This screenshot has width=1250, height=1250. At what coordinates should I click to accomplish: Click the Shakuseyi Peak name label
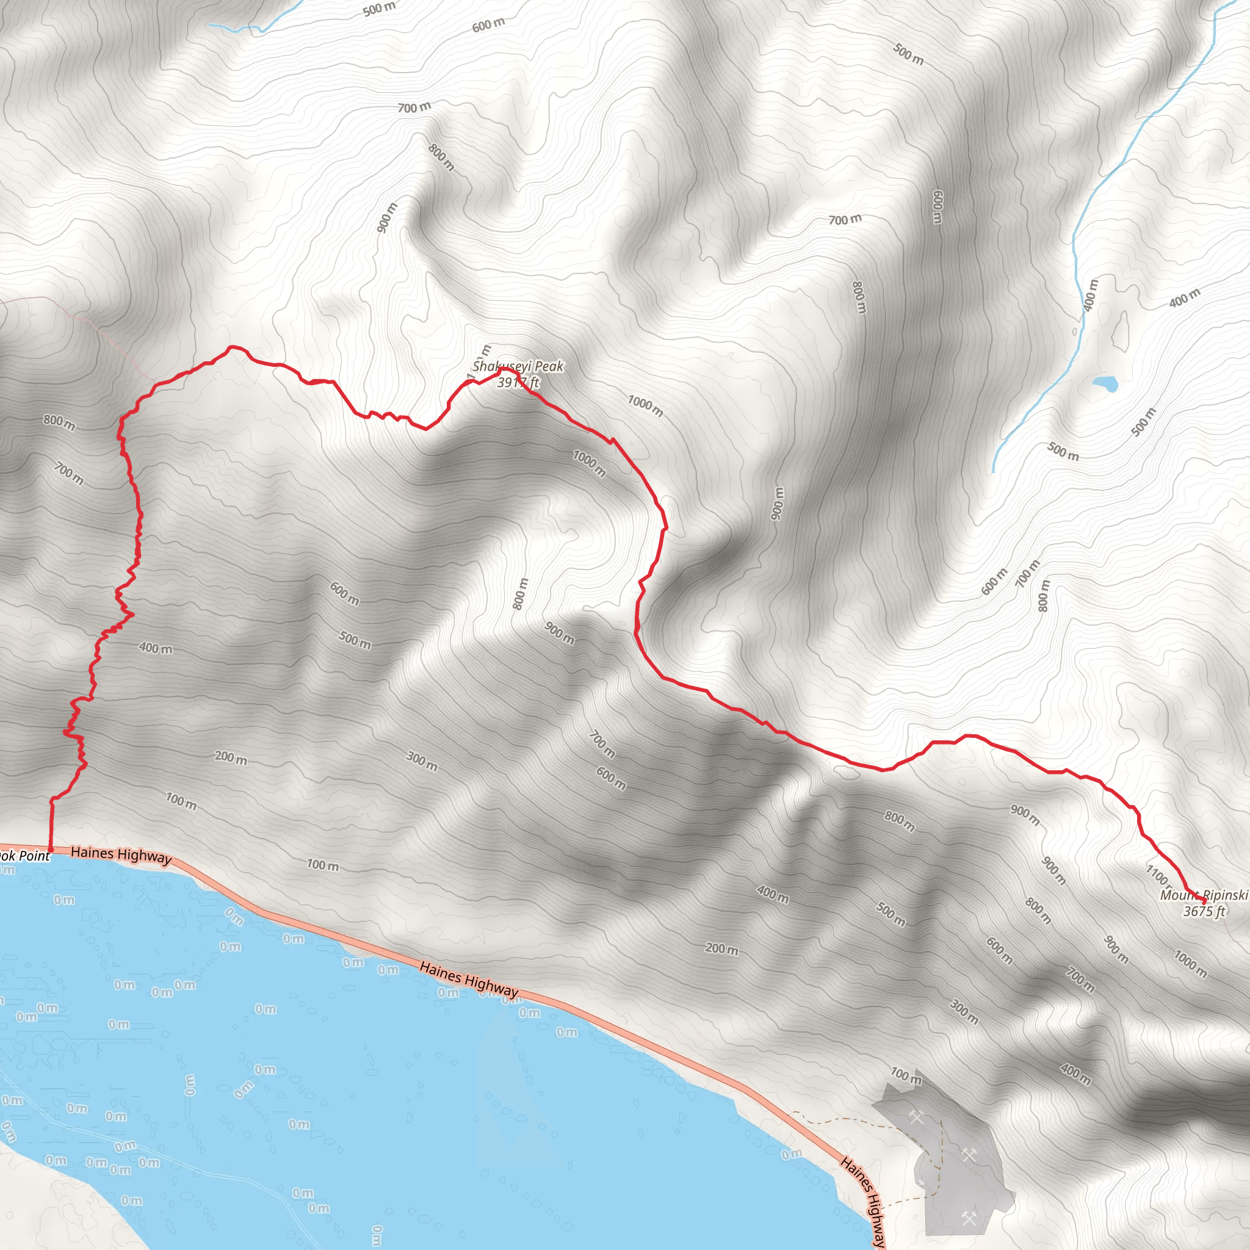point(518,366)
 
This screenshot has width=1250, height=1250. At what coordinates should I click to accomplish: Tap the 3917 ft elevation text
point(518,382)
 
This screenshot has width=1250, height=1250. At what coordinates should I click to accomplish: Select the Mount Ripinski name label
point(1204,895)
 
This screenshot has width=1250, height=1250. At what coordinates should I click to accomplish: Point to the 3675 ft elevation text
point(1204,912)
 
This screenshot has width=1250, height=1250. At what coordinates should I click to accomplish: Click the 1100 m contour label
point(1158,875)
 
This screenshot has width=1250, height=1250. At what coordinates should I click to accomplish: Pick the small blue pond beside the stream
point(1104,384)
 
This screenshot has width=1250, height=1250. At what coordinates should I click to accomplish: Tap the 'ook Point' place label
point(24,855)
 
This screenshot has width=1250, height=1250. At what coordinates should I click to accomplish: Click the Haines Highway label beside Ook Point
point(121,854)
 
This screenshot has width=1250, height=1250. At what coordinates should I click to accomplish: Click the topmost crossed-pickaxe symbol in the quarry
point(916,1117)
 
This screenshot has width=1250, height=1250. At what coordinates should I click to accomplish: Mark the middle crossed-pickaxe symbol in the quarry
point(968,1154)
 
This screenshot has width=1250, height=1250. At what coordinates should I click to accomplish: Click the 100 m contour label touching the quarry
point(905,1077)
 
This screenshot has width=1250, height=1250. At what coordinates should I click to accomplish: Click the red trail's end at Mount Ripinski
point(1204,900)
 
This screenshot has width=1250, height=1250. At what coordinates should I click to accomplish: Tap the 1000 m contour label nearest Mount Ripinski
point(1190,964)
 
